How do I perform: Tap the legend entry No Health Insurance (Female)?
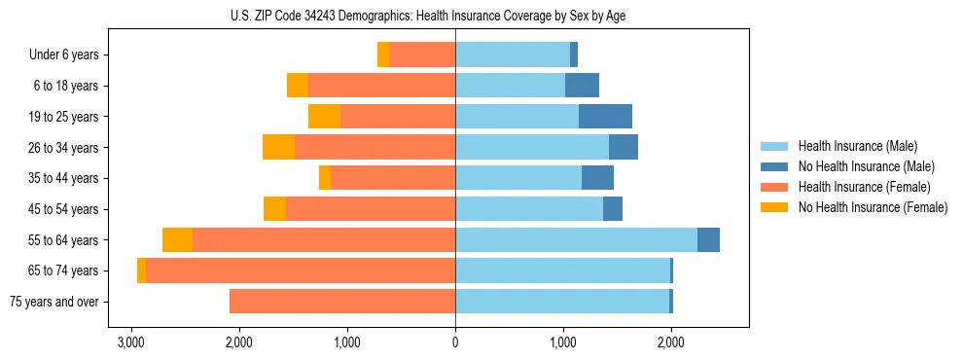tap(873, 207)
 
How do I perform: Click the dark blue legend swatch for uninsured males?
tap(774, 166)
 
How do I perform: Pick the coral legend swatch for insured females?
tap(774, 187)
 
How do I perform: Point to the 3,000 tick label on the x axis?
tap(130, 342)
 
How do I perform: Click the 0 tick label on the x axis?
tap(455, 342)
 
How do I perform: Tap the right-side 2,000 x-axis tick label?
tap(670, 342)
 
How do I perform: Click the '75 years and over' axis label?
tap(54, 302)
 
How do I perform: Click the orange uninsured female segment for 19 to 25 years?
tap(324, 117)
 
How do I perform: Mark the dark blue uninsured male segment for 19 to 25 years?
tap(605, 117)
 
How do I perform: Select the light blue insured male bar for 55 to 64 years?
tap(576, 240)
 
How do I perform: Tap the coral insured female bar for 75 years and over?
tap(342, 302)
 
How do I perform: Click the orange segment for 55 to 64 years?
tap(177, 240)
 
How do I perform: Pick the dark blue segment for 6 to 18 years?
tap(582, 86)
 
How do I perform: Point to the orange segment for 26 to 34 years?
tap(278, 148)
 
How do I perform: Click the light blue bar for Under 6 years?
tap(513, 55)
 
